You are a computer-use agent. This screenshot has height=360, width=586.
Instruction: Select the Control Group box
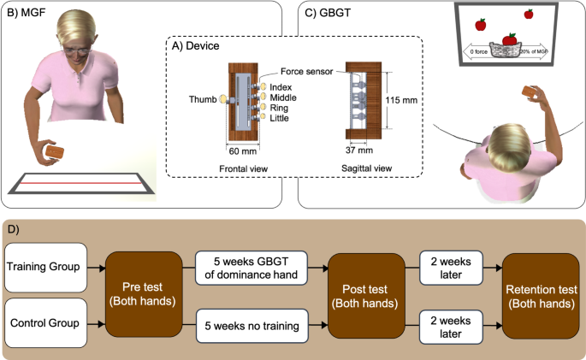pos(45,323)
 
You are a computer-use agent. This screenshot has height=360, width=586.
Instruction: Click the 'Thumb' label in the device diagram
pos(204,100)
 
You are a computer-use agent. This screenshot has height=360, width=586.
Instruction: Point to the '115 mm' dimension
pos(401,100)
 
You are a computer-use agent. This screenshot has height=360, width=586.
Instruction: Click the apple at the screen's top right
pos(528,14)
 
